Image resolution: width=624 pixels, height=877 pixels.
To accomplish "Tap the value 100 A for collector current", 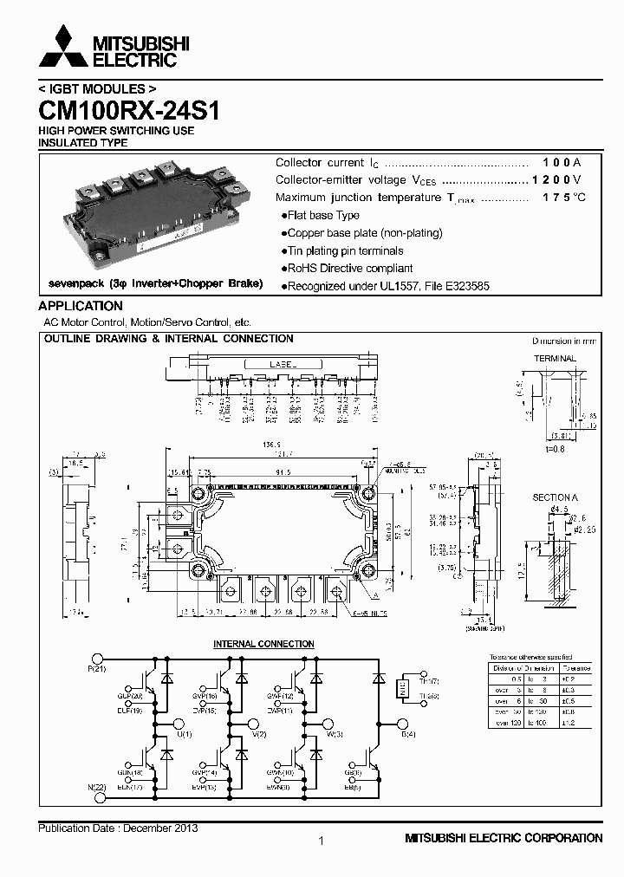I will [x=561, y=163].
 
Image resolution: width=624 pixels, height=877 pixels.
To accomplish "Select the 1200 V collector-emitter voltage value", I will [x=556, y=180].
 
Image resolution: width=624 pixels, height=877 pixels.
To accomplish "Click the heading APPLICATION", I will [x=81, y=306].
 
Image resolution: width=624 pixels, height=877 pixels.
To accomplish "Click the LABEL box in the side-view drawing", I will [x=272, y=366].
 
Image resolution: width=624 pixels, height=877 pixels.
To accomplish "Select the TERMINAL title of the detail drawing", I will [x=555, y=358].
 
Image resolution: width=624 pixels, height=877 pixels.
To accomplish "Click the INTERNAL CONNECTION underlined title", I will [x=263, y=644].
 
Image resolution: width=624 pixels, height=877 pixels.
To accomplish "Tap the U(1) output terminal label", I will [x=184, y=734].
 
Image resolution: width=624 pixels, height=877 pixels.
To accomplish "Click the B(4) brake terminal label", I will [x=408, y=734].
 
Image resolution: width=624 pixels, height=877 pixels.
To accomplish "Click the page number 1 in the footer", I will [x=321, y=841].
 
